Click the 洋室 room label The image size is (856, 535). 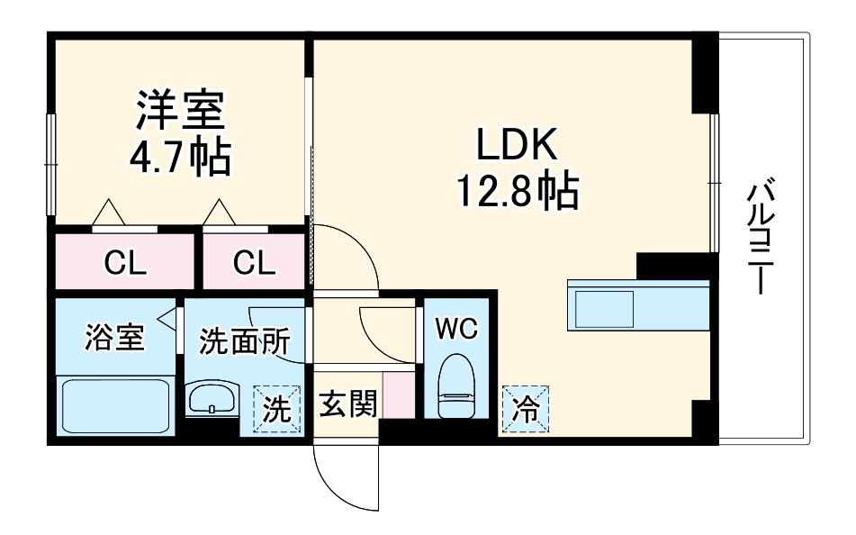pos(180,113)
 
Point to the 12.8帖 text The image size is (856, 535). pos(518,191)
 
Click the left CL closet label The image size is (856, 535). pos(125,263)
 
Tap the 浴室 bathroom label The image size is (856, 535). pos(114,340)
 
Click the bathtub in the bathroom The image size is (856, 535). pos(115,405)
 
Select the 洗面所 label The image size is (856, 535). pos(245,342)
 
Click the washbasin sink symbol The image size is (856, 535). pos(212,399)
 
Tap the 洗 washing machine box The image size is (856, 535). pos(275,411)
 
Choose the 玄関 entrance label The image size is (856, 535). pos(347,406)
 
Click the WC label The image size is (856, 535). pos(456,330)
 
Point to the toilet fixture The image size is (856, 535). pos(455,387)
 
